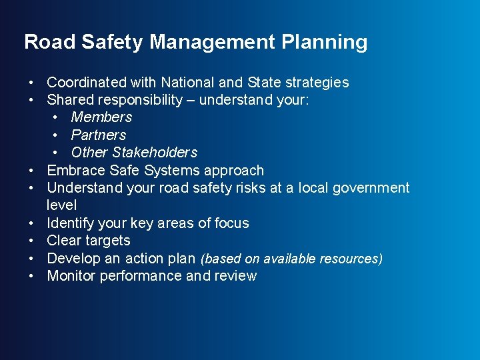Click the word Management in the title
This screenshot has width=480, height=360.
pyautogui.click(x=213, y=43)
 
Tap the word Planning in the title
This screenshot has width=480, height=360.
pyautogui.click(x=325, y=43)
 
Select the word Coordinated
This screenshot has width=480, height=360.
pyautogui.click(x=87, y=83)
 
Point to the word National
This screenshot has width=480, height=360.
pyautogui.click(x=183, y=83)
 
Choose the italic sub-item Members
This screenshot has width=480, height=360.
pyautogui.click(x=101, y=117)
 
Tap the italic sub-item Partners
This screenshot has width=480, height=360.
pyautogui.click(x=98, y=135)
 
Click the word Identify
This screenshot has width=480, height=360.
pyautogui.click(x=71, y=223)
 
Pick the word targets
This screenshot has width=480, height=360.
pyautogui.click(x=107, y=241)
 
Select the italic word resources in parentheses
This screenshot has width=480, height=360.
pyautogui.click(x=353, y=259)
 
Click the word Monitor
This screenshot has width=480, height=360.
pyautogui.click(x=71, y=276)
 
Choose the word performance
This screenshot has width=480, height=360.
pyautogui.click(x=141, y=276)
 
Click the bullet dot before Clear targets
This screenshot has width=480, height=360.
pyautogui.click(x=32, y=241)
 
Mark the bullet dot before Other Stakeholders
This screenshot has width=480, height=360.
pyautogui.click(x=56, y=153)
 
